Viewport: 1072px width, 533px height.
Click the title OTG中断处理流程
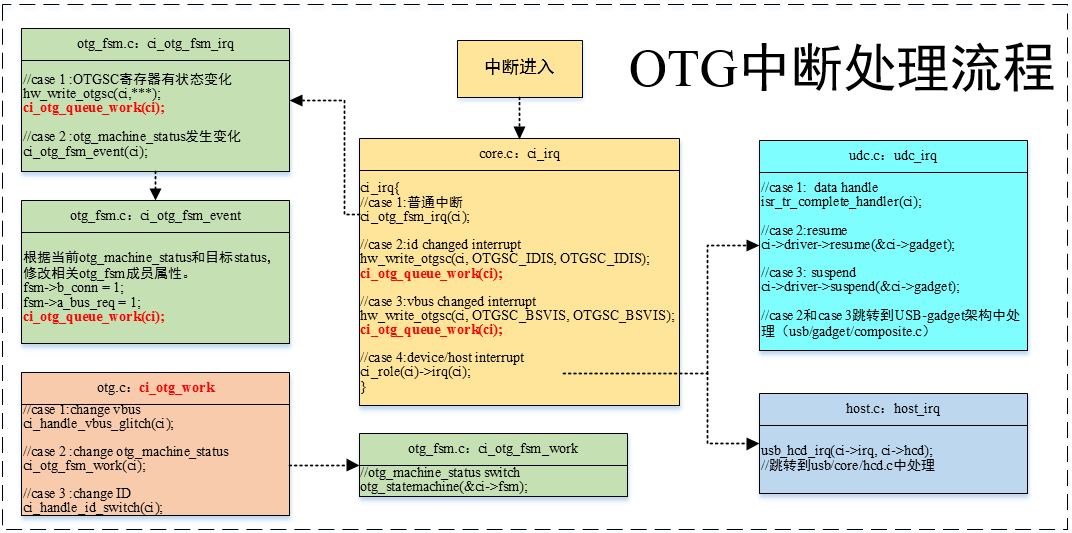click(842, 71)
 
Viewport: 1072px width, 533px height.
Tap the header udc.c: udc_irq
click(892, 157)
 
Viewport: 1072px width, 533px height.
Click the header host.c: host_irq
click(892, 409)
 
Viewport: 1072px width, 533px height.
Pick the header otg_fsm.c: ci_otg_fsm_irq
click(155, 45)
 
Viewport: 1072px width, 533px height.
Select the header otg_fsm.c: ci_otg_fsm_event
click(155, 215)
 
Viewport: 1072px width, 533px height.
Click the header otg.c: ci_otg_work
click(155, 387)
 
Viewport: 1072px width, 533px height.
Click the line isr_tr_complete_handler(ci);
click(841, 201)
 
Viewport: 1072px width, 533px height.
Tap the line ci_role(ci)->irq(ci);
click(415, 372)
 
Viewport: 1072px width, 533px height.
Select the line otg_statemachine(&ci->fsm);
click(443, 487)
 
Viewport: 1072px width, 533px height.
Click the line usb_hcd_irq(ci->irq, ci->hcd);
click(849, 451)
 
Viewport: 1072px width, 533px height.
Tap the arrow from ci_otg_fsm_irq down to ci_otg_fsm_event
click(155, 185)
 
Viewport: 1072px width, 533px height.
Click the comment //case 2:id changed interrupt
click(440, 244)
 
